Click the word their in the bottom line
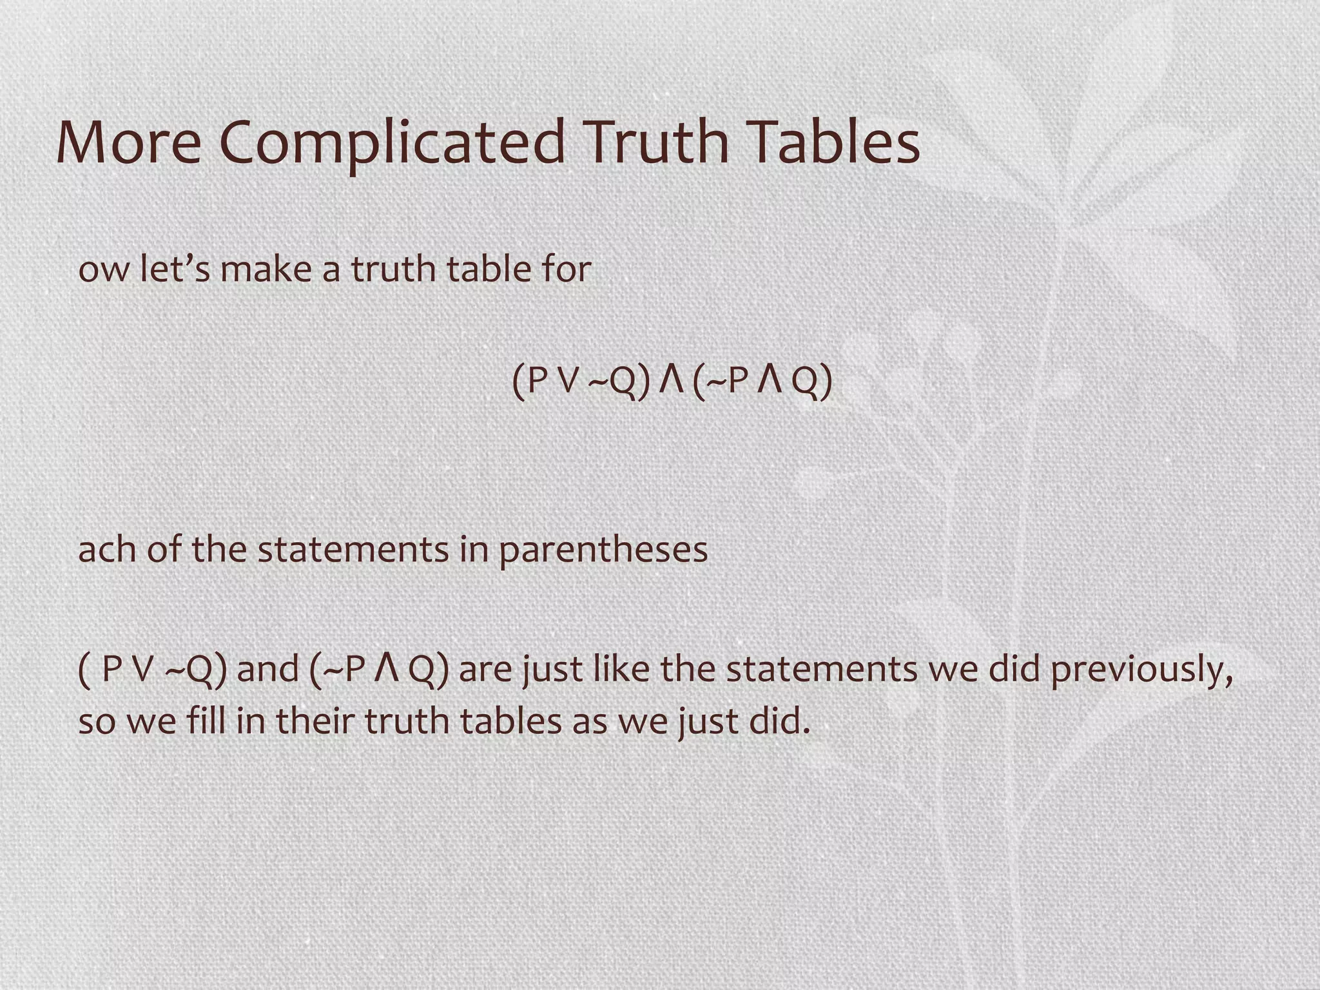[x=315, y=721]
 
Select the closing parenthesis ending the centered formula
[x=826, y=382]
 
